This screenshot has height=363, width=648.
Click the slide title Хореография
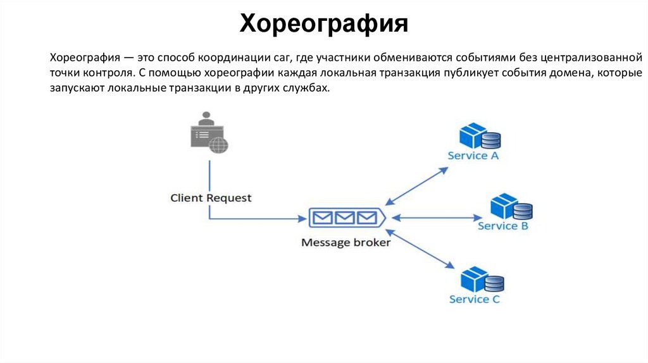pyautogui.click(x=323, y=24)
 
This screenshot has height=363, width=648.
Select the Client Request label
pyautogui.click(x=211, y=198)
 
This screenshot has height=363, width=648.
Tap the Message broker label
pyautogui.click(x=346, y=242)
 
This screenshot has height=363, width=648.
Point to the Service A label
pyautogui.click(x=473, y=156)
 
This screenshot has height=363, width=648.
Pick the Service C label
pyautogui.click(x=474, y=299)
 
